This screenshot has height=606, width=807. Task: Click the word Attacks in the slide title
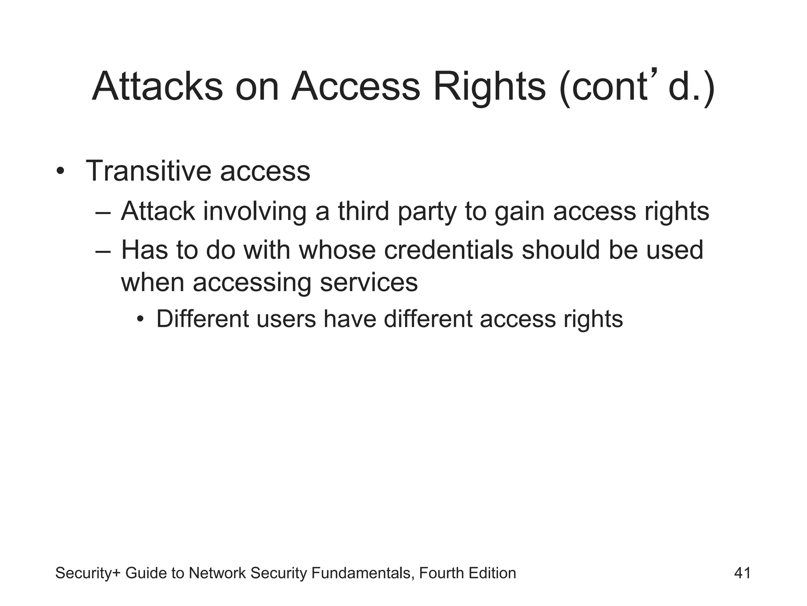157,86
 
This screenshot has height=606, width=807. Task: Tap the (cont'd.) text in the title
636,86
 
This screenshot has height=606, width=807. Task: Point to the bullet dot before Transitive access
60,172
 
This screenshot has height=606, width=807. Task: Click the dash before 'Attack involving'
103,212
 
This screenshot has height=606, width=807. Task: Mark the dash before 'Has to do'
103,251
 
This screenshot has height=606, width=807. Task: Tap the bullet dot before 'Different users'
140,319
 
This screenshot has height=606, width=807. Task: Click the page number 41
742,573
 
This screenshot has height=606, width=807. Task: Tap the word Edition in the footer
492,573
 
